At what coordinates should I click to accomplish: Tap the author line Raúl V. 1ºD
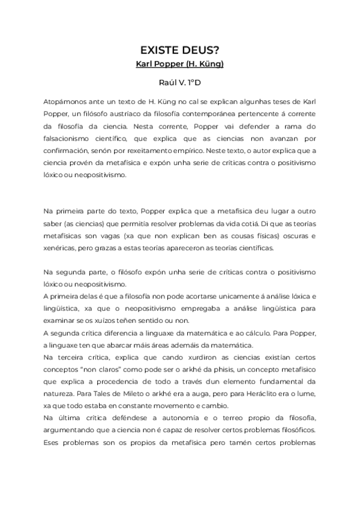coord(180,83)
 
